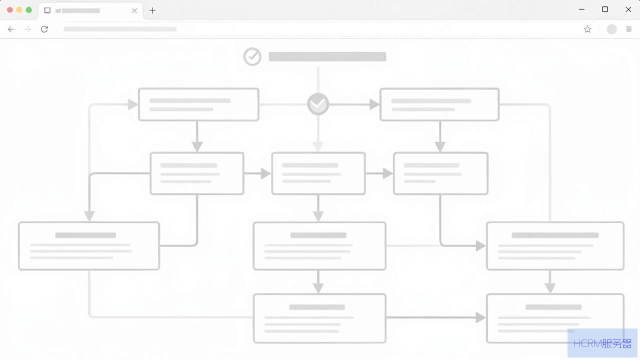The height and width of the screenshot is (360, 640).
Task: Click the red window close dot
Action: click(x=9, y=10)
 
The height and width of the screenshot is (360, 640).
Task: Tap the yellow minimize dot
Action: click(x=19, y=10)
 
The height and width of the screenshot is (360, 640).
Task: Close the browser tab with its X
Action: click(x=134, y=11)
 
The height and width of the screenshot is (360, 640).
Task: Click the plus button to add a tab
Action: click(x=152, y=10)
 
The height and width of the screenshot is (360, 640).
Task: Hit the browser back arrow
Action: click(x=11, y=29)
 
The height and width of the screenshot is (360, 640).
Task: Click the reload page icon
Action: click(x=44, y=29)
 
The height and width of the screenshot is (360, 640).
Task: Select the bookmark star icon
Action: click(x=587, y=29)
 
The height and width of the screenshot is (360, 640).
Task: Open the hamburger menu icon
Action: click(x=629, y=29)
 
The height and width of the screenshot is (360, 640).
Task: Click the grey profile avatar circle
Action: click(x=611, y=29)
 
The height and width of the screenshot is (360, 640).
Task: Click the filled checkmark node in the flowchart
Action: click(x=318, y=104)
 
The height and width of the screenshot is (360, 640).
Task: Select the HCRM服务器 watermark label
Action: click(x=602, y=343)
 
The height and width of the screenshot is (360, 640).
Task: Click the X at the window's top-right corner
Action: click(x=628, y=9)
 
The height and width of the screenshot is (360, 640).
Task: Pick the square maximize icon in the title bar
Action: click(x=605, y=9)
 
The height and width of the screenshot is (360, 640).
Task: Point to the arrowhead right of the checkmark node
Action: click(x=374, y=104)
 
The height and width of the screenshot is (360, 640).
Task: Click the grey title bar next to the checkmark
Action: click(x=327, y=56)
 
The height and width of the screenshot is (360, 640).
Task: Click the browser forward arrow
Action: click(x=27, y=29)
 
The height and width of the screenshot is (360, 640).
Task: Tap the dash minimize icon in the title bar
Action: click(x=581, y=9)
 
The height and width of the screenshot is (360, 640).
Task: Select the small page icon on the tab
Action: click(x=47, y=10)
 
